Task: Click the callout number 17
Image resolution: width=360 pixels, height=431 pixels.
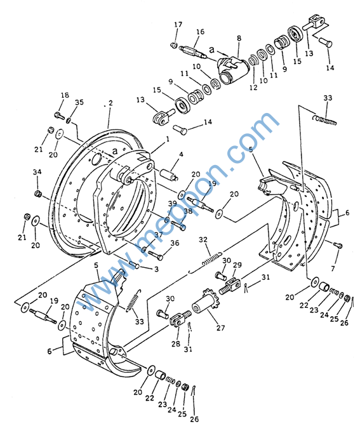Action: [x=178, y=25]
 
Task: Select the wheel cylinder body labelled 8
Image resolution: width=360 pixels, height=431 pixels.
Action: [x=232, y=69]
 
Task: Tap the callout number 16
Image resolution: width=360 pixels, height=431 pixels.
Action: [x=200, y=32]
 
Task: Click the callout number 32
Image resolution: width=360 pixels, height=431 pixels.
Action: [x=203, y=240]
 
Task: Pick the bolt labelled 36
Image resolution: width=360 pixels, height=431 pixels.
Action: [x=156, y=255]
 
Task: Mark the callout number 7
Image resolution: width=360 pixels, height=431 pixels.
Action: [x=333, y=268]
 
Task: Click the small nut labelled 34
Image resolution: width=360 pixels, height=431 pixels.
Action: [x=38, y=194]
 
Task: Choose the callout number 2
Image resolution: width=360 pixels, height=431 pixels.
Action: [x=110, y=103]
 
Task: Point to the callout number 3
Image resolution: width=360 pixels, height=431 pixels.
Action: [x=156, y=269]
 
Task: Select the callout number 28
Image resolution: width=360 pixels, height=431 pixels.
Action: [x=176, y=343]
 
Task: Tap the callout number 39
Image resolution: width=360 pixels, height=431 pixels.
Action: [x=173, y=204]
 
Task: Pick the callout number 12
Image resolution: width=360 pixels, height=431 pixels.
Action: [x=253, y=87]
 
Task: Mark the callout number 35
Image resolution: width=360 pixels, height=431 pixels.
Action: [x=79, y=102]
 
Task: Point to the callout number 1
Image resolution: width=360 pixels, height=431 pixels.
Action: [x=168, y=140]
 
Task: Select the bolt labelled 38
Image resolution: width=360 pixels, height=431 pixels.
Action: [x=178, y=225]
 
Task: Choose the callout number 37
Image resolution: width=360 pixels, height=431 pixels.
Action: [x=158, y=235]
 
